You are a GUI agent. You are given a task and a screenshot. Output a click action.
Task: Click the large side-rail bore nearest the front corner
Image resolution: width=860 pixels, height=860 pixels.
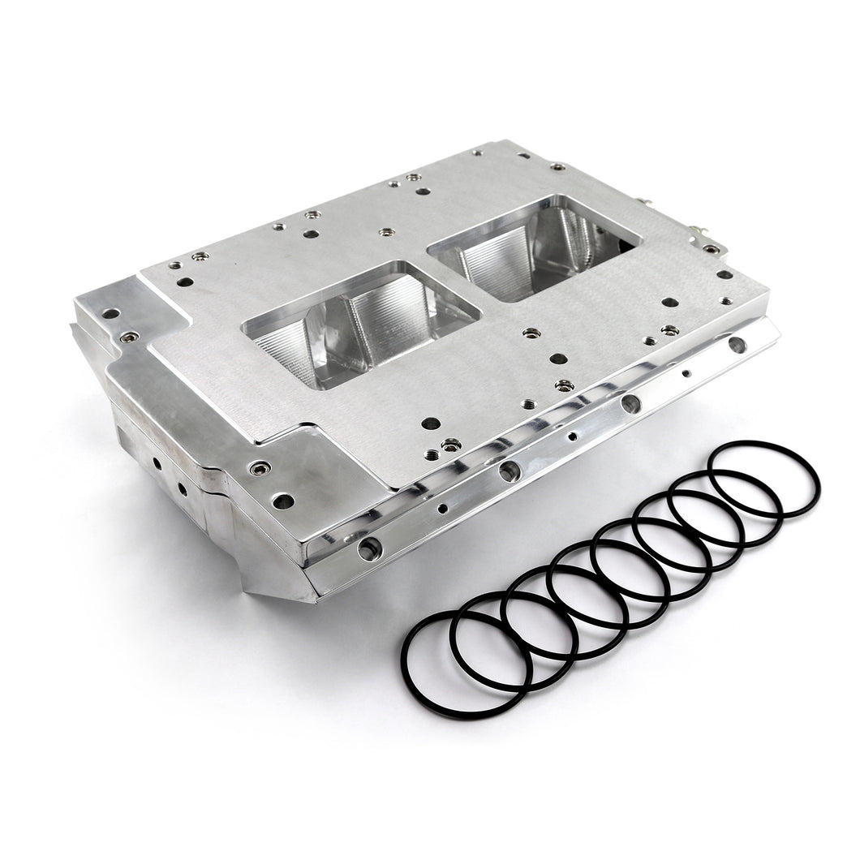[x=370, y=549]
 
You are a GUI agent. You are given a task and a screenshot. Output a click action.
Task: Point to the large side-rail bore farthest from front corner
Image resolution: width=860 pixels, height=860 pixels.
[x=736, y=346]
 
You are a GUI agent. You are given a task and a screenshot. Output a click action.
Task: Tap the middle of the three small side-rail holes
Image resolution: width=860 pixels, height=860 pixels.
[x=573, y=436]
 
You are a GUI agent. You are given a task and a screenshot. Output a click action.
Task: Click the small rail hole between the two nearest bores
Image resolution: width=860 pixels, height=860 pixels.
[x=442, y=510]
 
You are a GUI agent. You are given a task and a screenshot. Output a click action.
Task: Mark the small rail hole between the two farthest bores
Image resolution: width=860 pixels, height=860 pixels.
[x=686, y=374]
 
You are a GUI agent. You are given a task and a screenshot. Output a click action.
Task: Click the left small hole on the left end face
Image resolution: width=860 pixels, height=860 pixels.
[x=152, y=463]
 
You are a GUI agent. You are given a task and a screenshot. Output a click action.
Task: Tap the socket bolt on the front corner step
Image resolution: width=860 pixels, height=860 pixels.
[x=258, y=468]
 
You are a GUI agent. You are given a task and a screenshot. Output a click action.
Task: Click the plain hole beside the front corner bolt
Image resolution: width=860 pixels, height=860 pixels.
[x=282, y=501]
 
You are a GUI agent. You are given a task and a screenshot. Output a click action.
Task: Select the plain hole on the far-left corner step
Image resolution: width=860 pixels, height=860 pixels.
[x=111, y=313]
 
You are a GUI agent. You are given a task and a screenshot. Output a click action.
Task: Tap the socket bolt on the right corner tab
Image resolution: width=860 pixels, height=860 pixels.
[x=711, y=249]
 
